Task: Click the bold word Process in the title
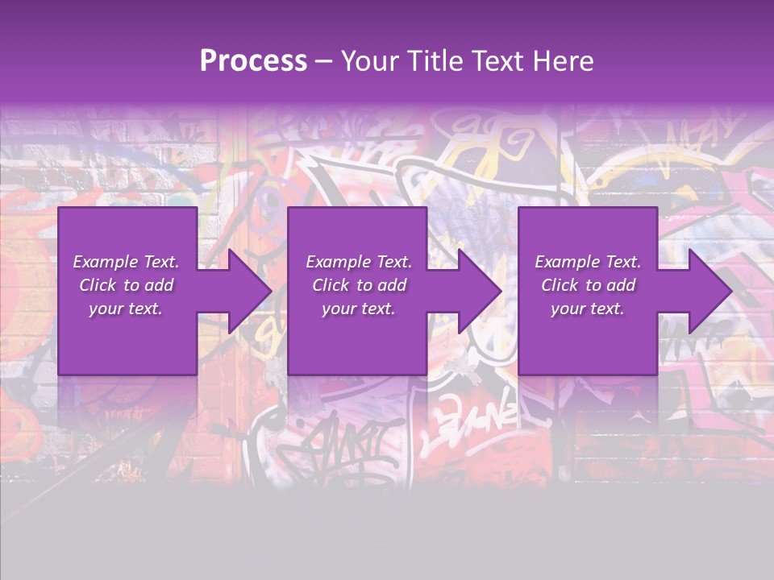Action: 253,61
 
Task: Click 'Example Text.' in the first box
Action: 126,262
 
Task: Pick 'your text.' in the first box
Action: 126,309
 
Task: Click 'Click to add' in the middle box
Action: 359,285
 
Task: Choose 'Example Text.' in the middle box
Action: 359,262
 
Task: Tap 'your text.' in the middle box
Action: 359,309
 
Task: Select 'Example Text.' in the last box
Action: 588,262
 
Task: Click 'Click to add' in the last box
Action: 588,285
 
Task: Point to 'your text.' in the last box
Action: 588,309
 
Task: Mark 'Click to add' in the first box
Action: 126,285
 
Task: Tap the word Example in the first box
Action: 106,262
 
